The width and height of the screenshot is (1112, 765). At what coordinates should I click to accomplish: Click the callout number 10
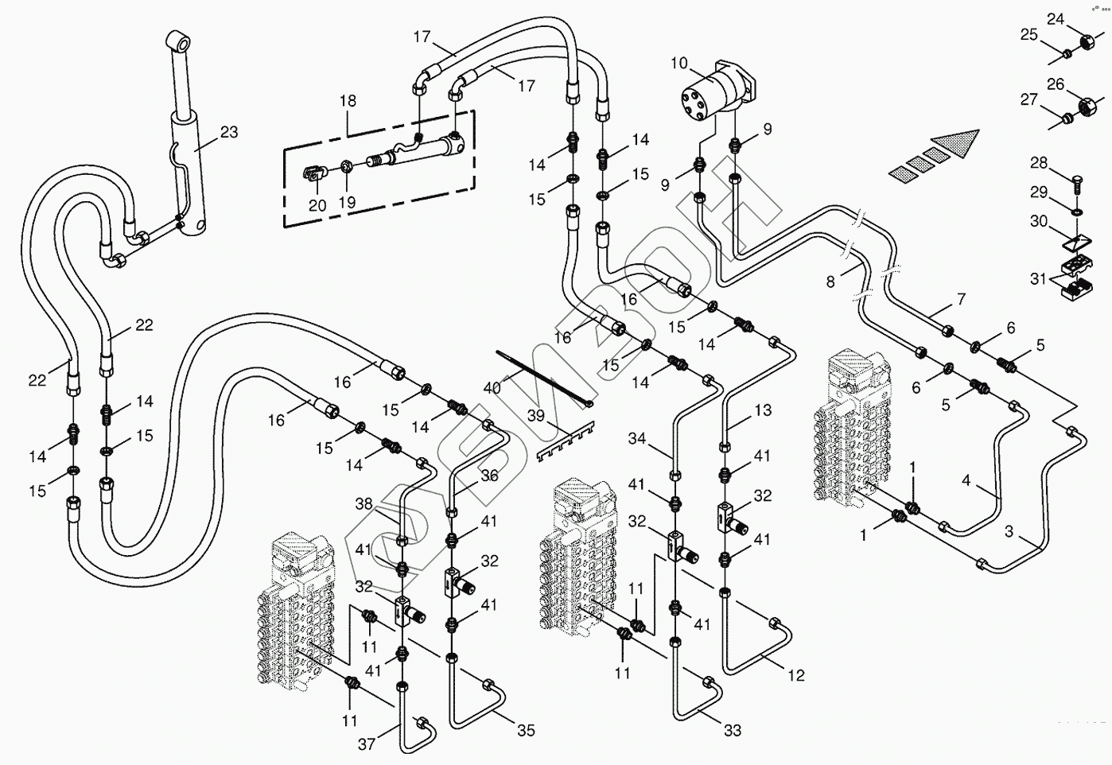pyautogui.click(x=678, y=63)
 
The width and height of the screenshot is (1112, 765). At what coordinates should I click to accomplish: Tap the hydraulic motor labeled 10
pyautogui.click(x=716, y=91)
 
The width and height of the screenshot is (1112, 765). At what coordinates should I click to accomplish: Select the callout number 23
pyautogui.click(x=229, y=132)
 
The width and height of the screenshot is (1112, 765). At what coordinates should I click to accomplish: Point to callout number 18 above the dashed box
pyautogui.click(x=348, y=101)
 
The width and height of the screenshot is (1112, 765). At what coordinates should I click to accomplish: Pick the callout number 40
pyautogui.click(x=492, y=388)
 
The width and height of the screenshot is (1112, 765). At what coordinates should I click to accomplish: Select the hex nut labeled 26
pyautogui.click(x=1084, y=104)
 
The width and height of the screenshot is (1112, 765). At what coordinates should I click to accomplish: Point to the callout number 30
pyautogui.click(x=1040, y=221)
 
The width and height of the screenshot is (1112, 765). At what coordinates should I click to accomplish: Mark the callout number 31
pyautogui.click(x=1038, y=278)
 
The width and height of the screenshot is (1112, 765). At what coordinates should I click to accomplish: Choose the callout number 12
pyautogui.click(x=796, y=675)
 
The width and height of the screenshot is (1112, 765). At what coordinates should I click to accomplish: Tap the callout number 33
pyautogui.click(x=733, y=729)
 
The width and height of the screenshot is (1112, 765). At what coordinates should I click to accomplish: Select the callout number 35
pyautogui.click(x=526, y=730)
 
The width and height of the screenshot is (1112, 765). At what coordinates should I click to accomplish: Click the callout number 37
pyautogui.click(x=365, y=744)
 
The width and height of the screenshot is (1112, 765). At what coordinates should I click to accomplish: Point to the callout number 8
pyautogui.click(x=830, y=281)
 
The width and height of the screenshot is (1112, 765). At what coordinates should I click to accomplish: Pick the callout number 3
pyautogui.click(x=1009, y=532)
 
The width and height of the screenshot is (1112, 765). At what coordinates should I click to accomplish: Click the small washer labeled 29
pyautogui.click(x=1075, y=212)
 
